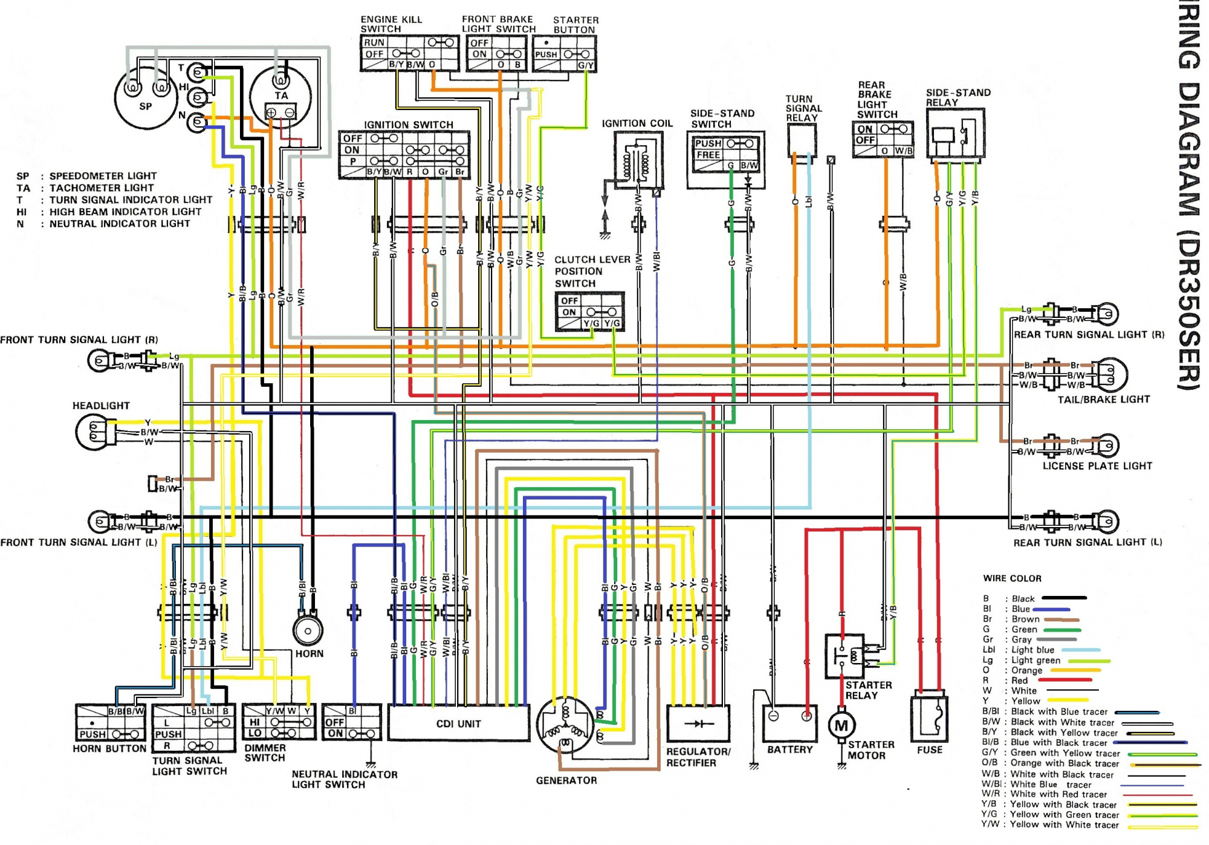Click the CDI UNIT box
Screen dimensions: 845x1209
tap(458, 723)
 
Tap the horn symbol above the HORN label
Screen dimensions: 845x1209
tap(308, 630)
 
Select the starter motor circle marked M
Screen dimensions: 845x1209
tap(841, 725)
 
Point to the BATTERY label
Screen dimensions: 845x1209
tap(789, 749)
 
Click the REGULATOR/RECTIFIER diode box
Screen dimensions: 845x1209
tap(698, 724)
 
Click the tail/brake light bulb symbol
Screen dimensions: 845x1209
tap(1109, 375)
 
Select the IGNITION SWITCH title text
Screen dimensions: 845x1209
tap(408, 125)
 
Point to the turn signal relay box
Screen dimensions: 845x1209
tap(802, 140)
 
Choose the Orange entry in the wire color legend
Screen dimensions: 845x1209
tap(1026, 670)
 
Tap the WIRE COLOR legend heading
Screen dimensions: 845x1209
tap(1012, 578)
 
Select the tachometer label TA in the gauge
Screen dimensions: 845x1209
tap(281, 96)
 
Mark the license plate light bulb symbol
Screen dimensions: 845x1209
tap(1109, 446)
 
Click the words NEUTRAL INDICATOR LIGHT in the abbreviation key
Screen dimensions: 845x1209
tap(120, 224)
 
